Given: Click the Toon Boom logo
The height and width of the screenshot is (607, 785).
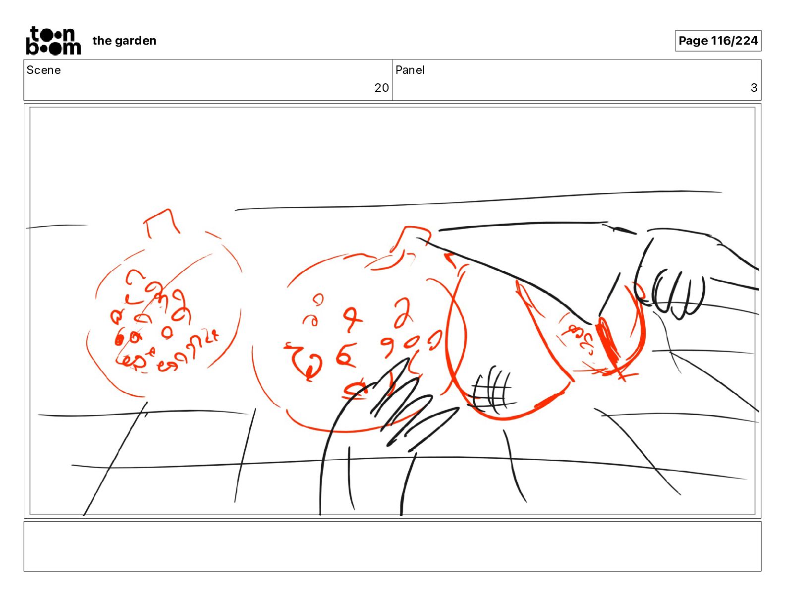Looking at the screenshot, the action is [x=54, y=41].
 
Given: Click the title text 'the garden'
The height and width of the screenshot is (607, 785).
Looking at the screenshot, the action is [x=124, y=41].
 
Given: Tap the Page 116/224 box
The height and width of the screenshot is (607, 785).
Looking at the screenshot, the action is [x=718, y=41].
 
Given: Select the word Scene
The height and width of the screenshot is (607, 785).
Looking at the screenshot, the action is [x=44, y=70].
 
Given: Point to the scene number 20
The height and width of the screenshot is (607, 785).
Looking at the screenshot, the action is [x=382, y=87].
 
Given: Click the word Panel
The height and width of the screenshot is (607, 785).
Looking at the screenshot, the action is [x=410, y=70].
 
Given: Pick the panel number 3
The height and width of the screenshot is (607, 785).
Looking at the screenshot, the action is [x=754, y=87].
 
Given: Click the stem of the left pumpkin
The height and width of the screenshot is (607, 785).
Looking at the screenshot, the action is [x=162, y=223].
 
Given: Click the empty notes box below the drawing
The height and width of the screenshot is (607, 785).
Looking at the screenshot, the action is [x=392, y=546].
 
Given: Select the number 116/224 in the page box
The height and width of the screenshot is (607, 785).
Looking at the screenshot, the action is [x=734, y=41].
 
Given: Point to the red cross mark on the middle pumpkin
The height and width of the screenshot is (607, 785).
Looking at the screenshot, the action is [x=352, y=319].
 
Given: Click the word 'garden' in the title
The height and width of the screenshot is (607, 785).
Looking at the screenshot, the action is [x=136, y=41].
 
